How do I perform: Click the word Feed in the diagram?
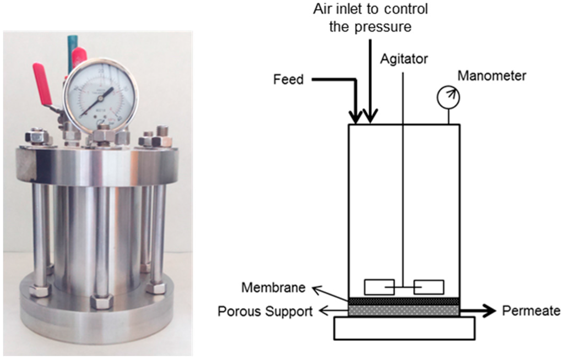click(288, 80)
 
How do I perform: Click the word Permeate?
click(530, 312)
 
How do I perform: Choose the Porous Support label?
click(265, 312)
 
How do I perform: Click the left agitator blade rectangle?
click(379, 287)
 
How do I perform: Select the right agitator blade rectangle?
click(429, 287)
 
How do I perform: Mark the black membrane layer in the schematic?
click(404, 301)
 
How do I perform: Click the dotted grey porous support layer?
click(404, 311)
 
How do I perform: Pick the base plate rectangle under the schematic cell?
click(404, 328)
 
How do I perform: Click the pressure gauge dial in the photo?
click(100, 95)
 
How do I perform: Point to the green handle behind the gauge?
click(72, 44)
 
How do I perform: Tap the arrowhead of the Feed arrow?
click(356, 117)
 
